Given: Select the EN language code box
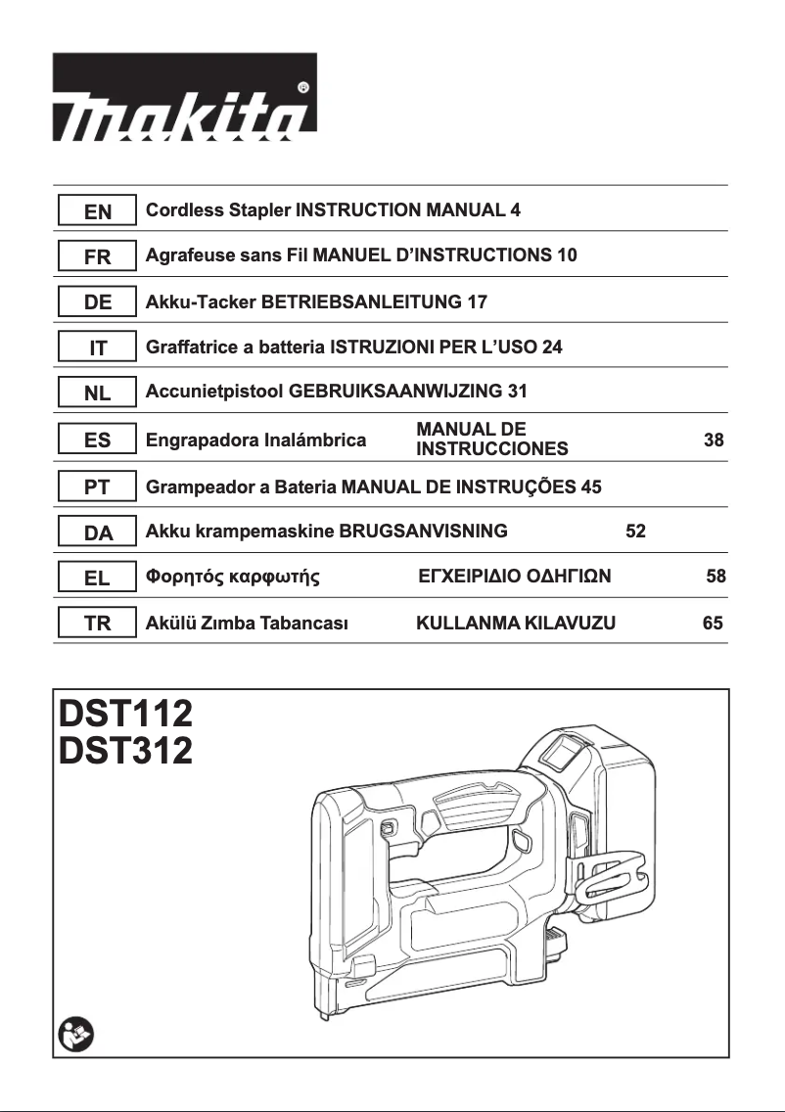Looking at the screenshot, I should [x=96, y=211].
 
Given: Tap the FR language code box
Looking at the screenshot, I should [x=96, y=257].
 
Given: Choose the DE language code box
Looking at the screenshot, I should [x=96, y=302].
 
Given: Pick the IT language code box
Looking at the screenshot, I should [x=96, y=348].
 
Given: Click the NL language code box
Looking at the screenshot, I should [x=96, y=394].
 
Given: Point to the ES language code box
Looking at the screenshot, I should [x=96, y=440].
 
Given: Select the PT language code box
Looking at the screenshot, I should [x=96, y=486].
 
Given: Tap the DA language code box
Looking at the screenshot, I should [x=96, y=533].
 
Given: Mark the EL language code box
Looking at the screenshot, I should [x=96, y=578].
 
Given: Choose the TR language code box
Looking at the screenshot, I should [x=96, y=624].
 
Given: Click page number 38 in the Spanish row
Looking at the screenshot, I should [x=714, y=440].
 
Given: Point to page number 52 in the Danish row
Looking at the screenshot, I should [x=635, y=532].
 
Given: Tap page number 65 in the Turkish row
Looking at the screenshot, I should [x=713, y=623].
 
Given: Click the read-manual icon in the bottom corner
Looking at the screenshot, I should [x=73, y=1033].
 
